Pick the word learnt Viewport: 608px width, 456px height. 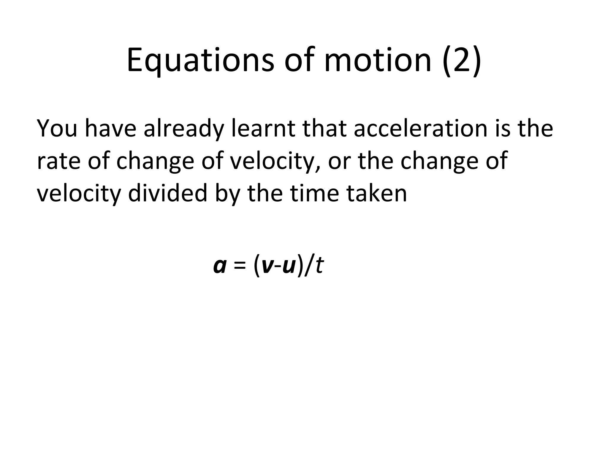coord(263,128)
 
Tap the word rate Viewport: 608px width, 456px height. coord(58,161)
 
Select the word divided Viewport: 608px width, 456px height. coord(167,193)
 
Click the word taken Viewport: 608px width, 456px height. coord(377,193)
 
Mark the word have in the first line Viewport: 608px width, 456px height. coord(110,128)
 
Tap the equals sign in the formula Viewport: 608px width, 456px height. coord(240,266)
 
